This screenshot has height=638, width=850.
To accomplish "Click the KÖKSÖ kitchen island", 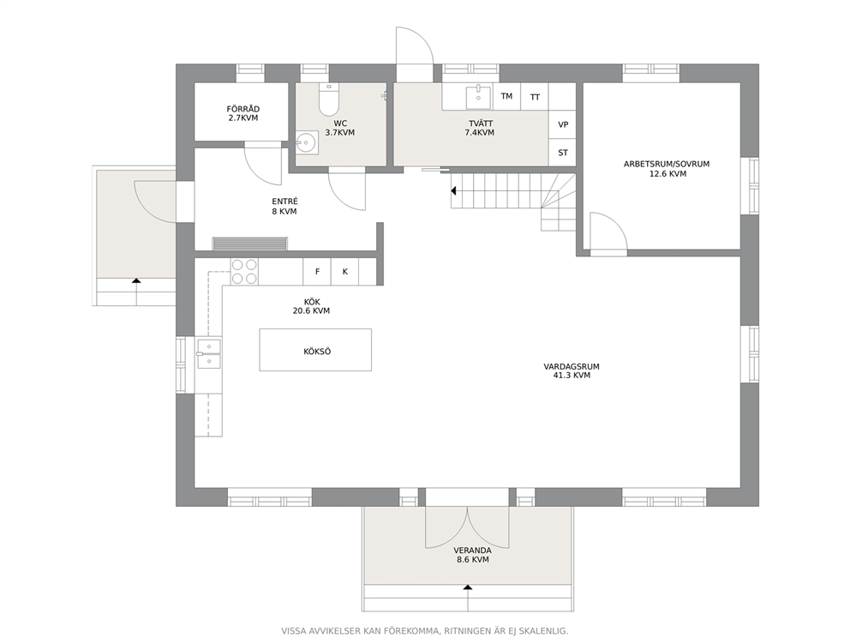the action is (x=315, y=350).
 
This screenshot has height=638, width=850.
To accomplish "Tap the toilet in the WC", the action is (x=328, y=99).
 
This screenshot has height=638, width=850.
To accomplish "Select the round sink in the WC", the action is (x=307, y=143).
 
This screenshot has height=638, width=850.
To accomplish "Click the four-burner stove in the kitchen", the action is (x=244, y=271).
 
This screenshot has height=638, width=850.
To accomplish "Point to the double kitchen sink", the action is (x=209, y=353).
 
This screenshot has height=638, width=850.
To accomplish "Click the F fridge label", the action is (x=318, y=272).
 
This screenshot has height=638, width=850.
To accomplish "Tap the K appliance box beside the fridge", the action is (x=344, y=272).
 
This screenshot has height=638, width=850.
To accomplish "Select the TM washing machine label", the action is (x=506, y=97).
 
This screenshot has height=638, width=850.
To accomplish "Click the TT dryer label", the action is (x=535, y=98).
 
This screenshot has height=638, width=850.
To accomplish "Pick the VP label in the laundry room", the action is (x=563, y=125).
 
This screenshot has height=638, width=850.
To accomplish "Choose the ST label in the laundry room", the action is (x=563, y=153).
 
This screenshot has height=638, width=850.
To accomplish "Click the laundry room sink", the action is (x=479, y=96).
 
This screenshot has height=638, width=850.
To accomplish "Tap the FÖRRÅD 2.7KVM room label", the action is (x=242, y=113).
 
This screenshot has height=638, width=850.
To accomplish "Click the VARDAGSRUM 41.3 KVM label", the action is (x=572, y=370).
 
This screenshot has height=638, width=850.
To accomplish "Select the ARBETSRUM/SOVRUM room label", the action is (x=667, y=169).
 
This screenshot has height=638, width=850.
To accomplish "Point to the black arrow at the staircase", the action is (x=453, y=191).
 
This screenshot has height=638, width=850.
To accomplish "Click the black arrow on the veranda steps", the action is (x=468, y=587).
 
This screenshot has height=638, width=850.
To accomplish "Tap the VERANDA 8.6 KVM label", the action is (x=473, y=555).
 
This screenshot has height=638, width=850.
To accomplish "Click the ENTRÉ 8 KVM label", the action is (x=284, y=207).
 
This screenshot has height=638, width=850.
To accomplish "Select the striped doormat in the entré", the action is (x=250, y=244).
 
